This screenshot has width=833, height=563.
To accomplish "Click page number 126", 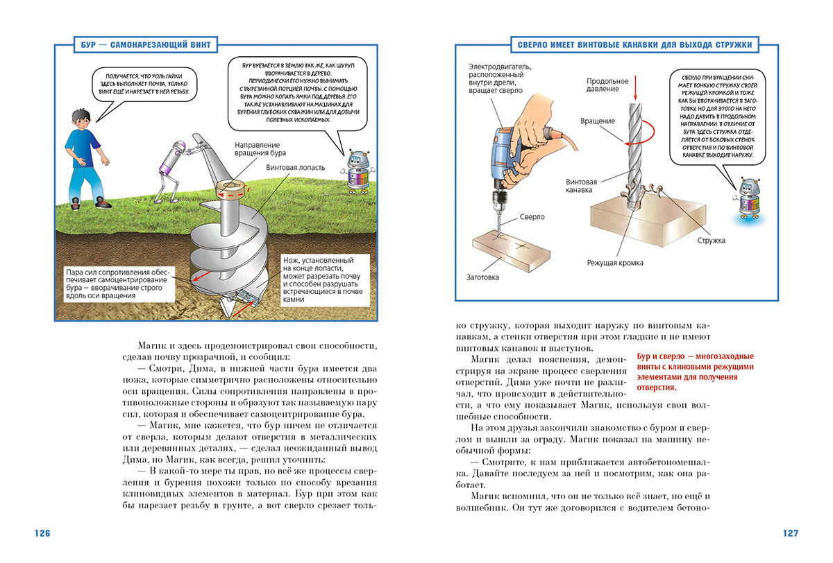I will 42,533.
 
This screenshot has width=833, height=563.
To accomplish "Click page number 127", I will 790,533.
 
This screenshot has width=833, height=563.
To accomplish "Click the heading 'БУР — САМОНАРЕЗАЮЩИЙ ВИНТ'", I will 145,45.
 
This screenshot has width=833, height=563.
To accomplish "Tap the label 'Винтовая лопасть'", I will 291,168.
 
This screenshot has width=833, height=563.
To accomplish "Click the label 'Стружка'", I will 711,241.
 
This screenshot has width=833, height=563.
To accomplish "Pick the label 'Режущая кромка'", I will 614,263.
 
